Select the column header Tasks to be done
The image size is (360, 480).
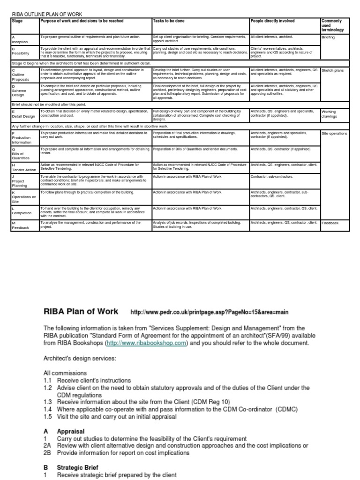[170, 21]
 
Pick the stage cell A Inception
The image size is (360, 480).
[20, 39]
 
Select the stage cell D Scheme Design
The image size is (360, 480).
[21, 90]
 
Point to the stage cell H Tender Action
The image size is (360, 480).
[23, 167]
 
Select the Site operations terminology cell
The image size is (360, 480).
[335, 134]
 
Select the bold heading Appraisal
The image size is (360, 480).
[70, 431]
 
